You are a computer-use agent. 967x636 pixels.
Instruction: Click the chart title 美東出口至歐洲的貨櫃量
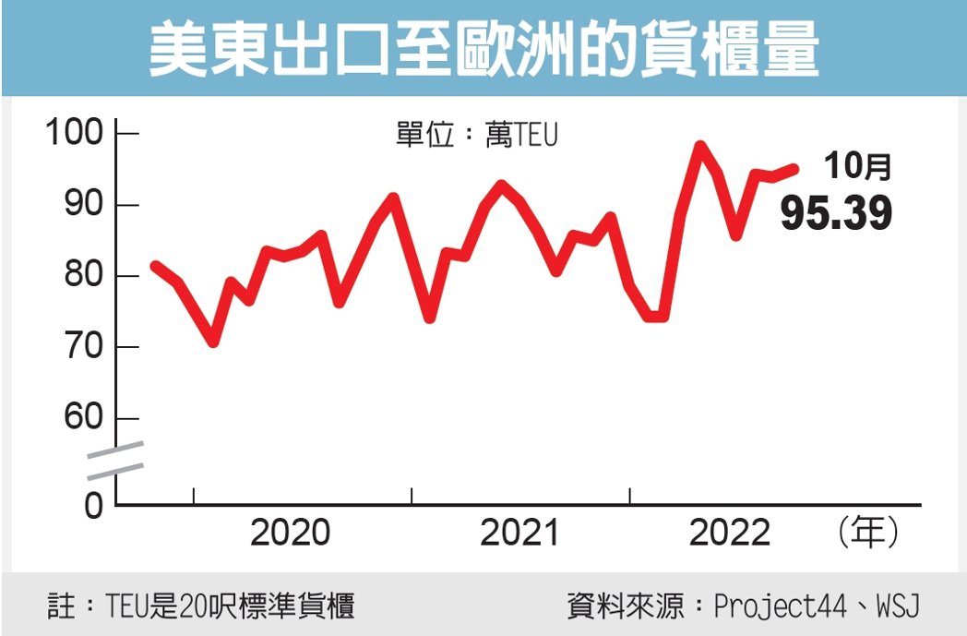click(x=483, y=49)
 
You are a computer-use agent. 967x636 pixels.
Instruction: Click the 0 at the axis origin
click(x=94, y=507)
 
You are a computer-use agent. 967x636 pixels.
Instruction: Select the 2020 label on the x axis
click(x=290, y=534)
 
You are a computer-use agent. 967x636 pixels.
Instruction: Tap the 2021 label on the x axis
click(x=519, y=534)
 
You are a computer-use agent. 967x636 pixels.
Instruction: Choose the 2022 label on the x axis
click(x=729, y=534)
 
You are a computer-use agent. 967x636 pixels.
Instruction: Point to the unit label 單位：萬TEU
click(x=477, y=136)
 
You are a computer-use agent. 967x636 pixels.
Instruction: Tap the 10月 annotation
click(x=857, y=166)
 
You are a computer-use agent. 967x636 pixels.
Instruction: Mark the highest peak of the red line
click(x=699, y=146)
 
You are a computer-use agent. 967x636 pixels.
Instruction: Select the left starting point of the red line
click(x=155, y=266)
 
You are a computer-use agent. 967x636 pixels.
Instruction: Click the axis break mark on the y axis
click(x=115, y=461)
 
